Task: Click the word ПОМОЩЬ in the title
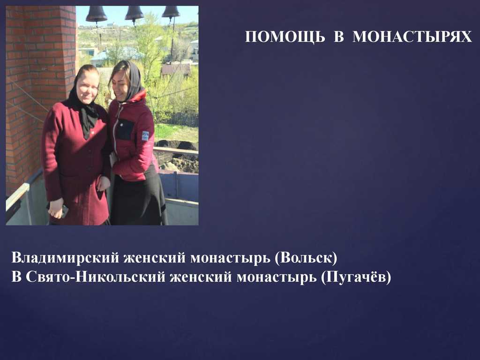[285, 37]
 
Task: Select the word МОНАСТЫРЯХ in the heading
[412, 37]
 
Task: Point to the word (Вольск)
[306, 258]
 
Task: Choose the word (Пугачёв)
[356, 277]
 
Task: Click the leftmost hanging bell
[97, 14]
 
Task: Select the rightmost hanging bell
[171, 12]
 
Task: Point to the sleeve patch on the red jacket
[145, 136]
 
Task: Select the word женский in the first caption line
[155, 258]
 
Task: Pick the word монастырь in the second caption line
[277, 277]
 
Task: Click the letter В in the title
[338, 37]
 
